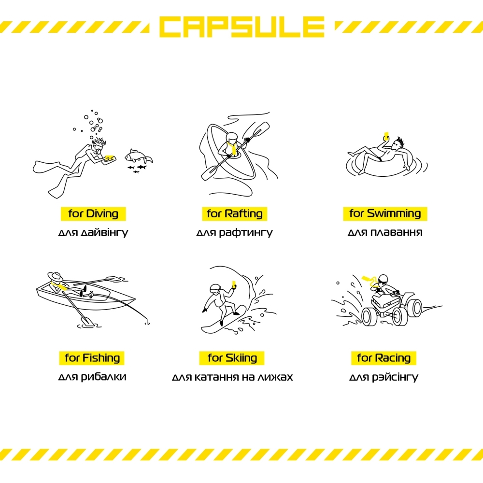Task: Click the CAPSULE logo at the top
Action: pos(242,27)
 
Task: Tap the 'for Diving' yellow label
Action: pos(93,214)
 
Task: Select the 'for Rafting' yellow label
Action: pos(234,214)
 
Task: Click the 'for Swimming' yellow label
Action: pos(385,214)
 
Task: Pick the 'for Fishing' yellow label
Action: pos(92,358)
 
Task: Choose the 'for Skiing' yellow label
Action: pos(232,358)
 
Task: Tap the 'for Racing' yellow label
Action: pos(384,358)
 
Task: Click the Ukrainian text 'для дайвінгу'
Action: pos(93,233)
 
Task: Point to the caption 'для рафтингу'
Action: pos(234,233)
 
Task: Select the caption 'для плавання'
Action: pos(385,232)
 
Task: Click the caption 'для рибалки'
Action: pos(92,377)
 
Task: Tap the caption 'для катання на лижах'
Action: pos(232,377)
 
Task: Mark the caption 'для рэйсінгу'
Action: pos(384,377)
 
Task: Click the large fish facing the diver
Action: pos(138,156)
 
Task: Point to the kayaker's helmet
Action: pos(232,138)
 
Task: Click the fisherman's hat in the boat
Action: pos(55,276)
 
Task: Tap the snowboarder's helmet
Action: pos(215,289)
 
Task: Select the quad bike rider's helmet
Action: pos(383,280)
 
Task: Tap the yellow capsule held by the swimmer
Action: pos(386,135)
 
